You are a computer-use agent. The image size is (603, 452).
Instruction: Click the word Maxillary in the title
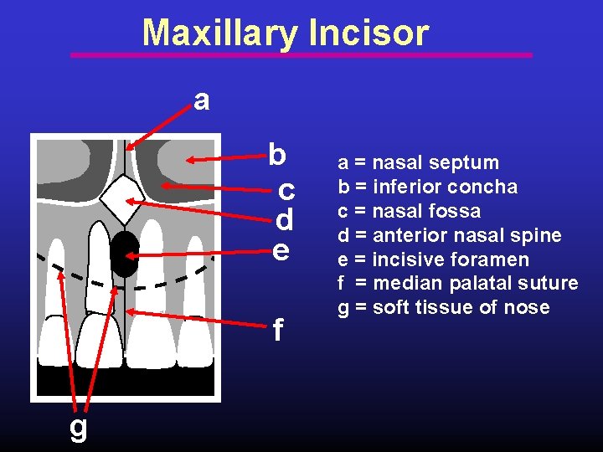(x=219, y=33)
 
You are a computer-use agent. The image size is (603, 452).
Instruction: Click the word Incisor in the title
(x=368, y=33)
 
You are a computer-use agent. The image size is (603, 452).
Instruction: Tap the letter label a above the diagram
(x=201, y=100)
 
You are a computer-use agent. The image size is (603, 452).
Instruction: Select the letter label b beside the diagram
(x=277, y=155)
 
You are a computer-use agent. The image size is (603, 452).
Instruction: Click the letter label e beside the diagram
(x=281, y=249)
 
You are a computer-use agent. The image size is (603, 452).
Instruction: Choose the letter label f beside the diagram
(x=278, y=332)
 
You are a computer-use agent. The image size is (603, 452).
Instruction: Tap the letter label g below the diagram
(x=78, y=427)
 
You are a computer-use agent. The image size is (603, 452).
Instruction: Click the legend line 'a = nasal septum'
(x=418, y=162)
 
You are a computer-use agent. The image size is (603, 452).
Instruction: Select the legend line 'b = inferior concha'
(x=427, y=187)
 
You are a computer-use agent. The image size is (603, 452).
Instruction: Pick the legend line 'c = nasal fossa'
(x=409, y=211)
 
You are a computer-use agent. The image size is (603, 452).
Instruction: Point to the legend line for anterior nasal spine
(x=449, y=235)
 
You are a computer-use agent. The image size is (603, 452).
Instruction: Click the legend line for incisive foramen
(x=433, y=259)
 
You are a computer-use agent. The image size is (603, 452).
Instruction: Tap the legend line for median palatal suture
(x=457, y=284)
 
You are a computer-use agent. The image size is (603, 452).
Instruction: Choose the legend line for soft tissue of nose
(x=443, y=308)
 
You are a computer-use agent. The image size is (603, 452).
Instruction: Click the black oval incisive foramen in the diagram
(x=124, y=254)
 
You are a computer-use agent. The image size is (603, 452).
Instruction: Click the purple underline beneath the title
(x=301, y=55)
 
